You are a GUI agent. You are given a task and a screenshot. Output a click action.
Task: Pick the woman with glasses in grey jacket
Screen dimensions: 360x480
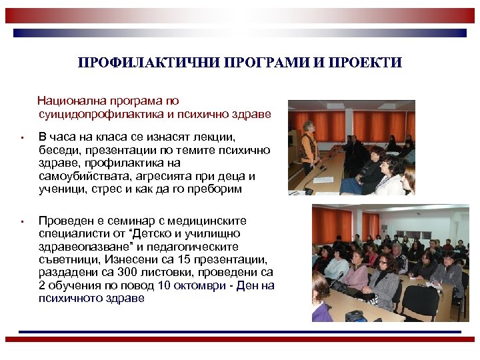coord(384,279)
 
